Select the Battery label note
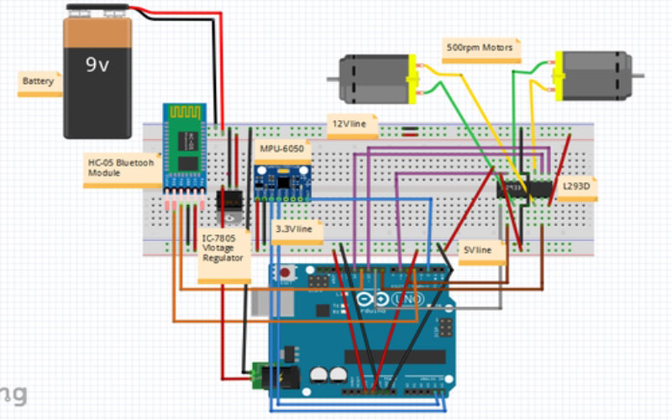coord(39,82)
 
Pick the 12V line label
coord(352,126)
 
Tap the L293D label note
coord(576,188)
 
